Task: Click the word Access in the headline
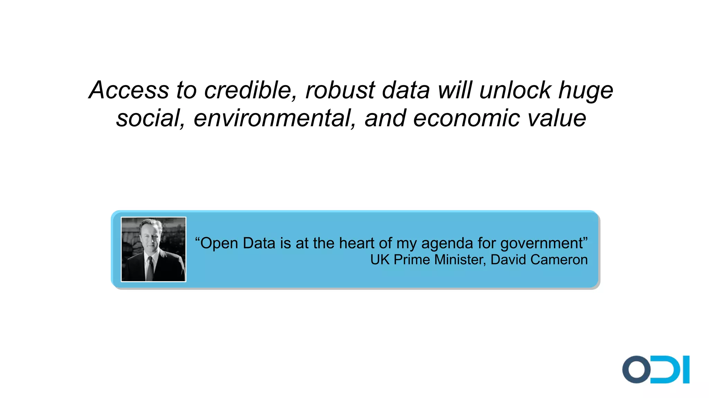(x=128, y=90)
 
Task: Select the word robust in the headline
(x=340, y=90)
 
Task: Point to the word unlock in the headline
(x=515, y=90)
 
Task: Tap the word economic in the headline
(x=467, y=118)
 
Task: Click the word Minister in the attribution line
(x=460, y=260)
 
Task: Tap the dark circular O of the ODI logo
(x=636, y=369)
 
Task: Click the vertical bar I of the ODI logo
(x=686, y=369)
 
